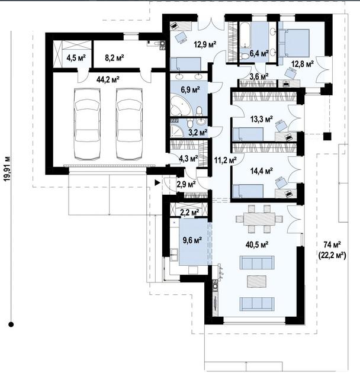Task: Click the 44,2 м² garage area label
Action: [108, 79]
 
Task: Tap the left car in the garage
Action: [87, 124]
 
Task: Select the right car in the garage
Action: [129, 124]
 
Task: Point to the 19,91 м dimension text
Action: [7, 168]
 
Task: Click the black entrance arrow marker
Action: [157, 183]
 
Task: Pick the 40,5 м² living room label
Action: [257, 244]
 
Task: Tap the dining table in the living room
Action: [259, 218]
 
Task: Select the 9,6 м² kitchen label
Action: [192, 240]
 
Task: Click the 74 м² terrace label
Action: [332, 244]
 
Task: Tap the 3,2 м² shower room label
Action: [198, 132]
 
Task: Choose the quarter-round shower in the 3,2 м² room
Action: [177, 130]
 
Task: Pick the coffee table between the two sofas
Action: [257, 281]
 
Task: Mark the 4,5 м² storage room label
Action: [76, 57]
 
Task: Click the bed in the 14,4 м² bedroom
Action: [248, 191]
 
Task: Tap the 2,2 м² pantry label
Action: [189, 212]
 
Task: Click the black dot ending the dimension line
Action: [11, 324]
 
